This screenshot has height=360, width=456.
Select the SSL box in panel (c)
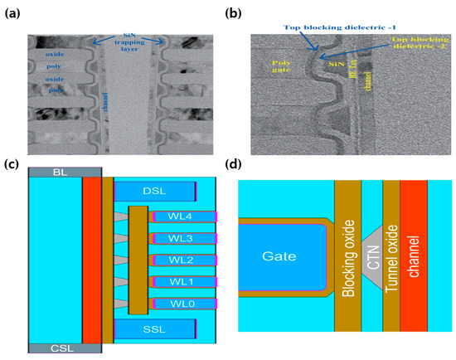(x=154, y=328)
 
